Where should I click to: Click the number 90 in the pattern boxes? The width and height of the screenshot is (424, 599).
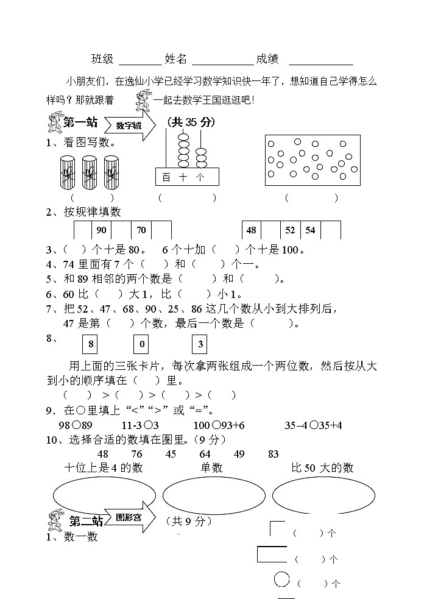coord(101,230)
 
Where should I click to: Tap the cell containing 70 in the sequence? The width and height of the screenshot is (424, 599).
coord(141,230)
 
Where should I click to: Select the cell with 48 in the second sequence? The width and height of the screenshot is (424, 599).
coord(251,230)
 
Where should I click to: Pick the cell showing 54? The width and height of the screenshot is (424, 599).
coord(310,230)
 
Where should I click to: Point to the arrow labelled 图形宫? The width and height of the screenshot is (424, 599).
coord(130,517)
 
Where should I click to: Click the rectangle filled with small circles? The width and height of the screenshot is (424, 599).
coord(314,160)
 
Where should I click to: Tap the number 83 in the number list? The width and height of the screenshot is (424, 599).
coord(273,454)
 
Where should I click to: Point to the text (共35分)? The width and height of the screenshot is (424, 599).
coord(191,122)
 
